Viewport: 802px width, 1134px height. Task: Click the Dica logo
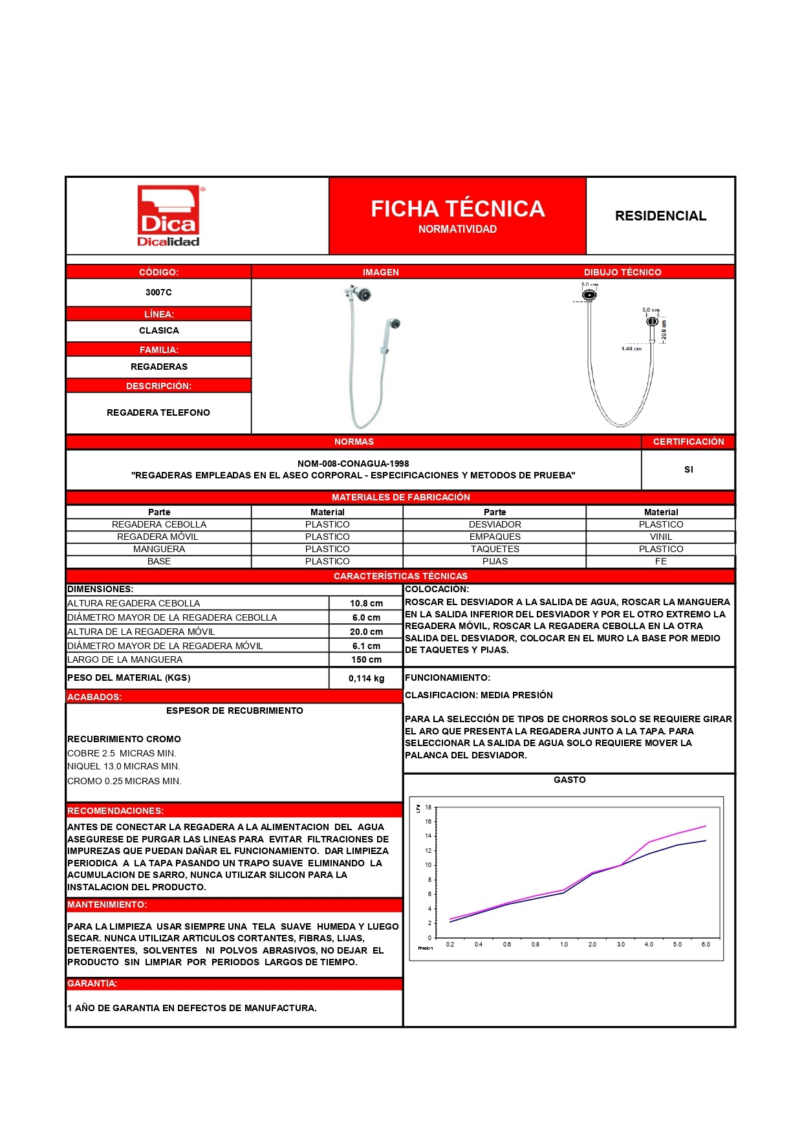(x=168, y=216)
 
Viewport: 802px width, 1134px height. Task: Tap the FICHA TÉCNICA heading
(x=457, y=209)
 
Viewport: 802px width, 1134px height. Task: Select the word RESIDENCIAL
(x=660, y=216)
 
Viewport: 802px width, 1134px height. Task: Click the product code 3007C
(x=158, y=292)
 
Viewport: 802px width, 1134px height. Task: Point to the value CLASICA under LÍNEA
(x=158, y=330)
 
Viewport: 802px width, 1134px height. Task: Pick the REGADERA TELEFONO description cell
(x=158, y=412)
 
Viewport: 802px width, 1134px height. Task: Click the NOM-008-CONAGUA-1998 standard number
(x=353, y=464)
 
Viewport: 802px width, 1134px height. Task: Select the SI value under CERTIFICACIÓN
(x=688, y=469)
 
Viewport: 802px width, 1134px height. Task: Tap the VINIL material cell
(x=660, y=537)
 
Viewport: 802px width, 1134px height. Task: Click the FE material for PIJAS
(x=660, y=561)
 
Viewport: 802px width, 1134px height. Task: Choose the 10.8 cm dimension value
(x=366, y=603)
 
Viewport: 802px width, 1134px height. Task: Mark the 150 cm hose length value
(x=366, y=659)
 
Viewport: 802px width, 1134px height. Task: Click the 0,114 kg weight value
(x=366, y=678)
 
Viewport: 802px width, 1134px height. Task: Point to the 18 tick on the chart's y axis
(x=428, y=808)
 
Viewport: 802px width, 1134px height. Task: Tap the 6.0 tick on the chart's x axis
(x=706, y=945)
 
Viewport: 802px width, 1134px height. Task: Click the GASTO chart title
(x=569, y=780)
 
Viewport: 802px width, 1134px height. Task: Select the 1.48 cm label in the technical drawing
(x=631, y=348)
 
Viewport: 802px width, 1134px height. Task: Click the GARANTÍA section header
(x=92, y=983)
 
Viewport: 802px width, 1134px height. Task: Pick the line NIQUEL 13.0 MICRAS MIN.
(x=124, y=766)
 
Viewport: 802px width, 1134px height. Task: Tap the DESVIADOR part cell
(x=495, y=524)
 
